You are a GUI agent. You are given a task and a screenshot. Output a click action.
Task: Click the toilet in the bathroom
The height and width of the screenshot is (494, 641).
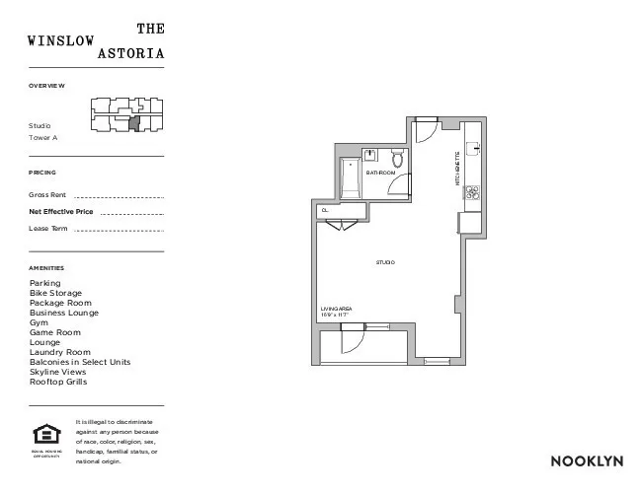pos(398,159)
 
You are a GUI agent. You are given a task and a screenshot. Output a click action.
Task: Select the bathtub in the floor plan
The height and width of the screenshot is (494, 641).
pos(350,179)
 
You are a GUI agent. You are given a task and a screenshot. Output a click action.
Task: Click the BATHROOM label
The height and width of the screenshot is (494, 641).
pos(380,173)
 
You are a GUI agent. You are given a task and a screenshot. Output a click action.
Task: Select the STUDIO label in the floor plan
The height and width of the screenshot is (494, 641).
pos(385,262)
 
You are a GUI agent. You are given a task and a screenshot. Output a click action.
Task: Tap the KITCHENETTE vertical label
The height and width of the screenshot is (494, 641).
pos(457,169)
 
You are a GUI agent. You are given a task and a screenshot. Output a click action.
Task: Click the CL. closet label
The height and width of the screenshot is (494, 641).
pos(324,210)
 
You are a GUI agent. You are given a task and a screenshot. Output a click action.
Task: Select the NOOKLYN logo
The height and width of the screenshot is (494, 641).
pos(581,460)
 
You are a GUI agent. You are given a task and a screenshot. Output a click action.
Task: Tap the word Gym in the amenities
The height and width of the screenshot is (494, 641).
pos(39,322)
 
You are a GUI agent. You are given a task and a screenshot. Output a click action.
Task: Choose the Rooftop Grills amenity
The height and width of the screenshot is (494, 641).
pos(58,382)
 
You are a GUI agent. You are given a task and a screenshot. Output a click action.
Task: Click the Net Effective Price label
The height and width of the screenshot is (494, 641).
pos(61,211)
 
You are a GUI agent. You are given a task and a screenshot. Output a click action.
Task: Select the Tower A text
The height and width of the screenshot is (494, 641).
pos(43,138)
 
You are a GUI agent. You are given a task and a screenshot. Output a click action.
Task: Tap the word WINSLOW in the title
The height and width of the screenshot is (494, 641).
pos(61,41)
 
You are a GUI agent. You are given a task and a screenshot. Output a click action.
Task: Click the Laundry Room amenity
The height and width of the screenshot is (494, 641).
pos(59,352)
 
